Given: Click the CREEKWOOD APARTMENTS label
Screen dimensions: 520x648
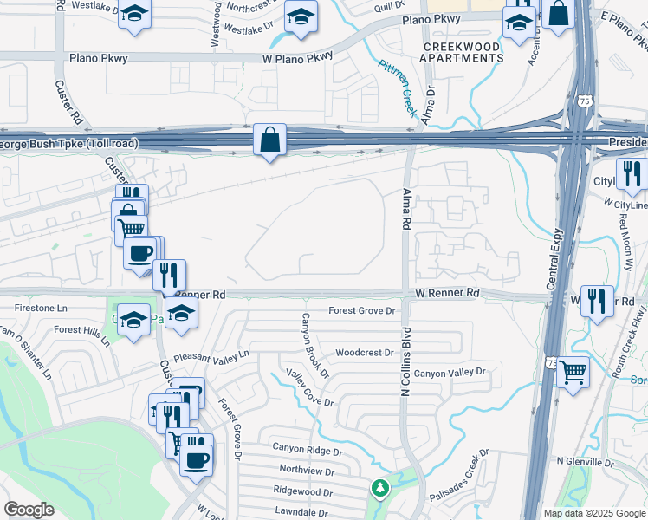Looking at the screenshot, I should pyautogui.click(x=462, y=52).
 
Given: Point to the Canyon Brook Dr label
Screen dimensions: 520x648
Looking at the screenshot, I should pyautogui.click(x=313, y=346).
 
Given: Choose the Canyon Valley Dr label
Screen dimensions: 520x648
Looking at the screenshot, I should pyautogui.click(x=450, y=373).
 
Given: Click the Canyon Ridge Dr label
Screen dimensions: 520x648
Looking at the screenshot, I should pyautogui.click(x=308, y=448).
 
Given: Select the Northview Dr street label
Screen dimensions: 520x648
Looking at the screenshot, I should pyautogui.click(x=307, y=470).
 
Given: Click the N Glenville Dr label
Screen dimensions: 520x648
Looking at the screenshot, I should pyautogui.click(x=585, y=462).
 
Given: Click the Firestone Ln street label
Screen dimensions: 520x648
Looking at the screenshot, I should pyautogui.click(x=41, y=308).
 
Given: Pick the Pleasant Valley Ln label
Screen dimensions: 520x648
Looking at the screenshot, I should pyautogui.click(x=211, y=355).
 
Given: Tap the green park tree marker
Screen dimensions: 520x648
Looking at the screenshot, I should pyautogui.click(x=379, y=488).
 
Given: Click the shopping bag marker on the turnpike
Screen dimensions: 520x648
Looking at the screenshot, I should pyautogui.click(x=269, y=140).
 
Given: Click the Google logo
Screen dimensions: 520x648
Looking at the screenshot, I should pyautogui.click(x=29, y=510).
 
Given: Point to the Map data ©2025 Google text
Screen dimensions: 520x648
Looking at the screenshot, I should pyautogui.click(x=593, y=513).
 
